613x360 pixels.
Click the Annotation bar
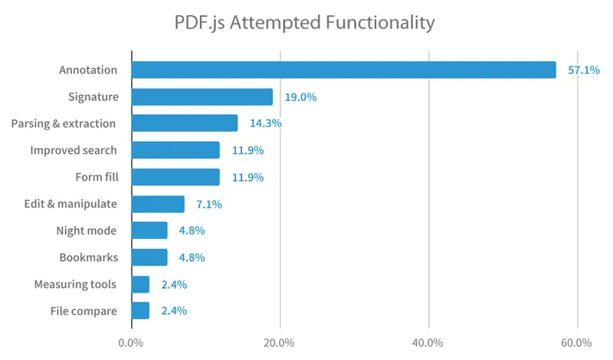(x=343, y=70)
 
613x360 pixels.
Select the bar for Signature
(x=202, y=97)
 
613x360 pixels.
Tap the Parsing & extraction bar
(x=185, y=123)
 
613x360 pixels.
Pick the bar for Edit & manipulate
(x=158, y=204)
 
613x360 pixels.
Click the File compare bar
(x=140, y=310)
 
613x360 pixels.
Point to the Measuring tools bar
(x=140, y=284)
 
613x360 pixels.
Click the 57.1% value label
(x=583, y=70)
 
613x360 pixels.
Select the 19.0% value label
(x=300, y=97)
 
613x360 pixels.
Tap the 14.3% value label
(x=265, y=124)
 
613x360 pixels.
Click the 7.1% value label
(x=208, y=205)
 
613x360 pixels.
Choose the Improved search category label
(x=74, y=150)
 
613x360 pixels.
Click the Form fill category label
(x=96, y=177)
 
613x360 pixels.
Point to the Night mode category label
(x=87, y=231)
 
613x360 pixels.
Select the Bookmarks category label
(x=88, y=257)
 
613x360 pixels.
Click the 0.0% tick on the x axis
(x=131, y=342)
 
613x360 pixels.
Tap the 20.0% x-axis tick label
(x=280, y=342)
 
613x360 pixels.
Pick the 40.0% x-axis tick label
(x=428, y=342)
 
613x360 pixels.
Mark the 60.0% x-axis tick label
(x=576, y=342)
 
